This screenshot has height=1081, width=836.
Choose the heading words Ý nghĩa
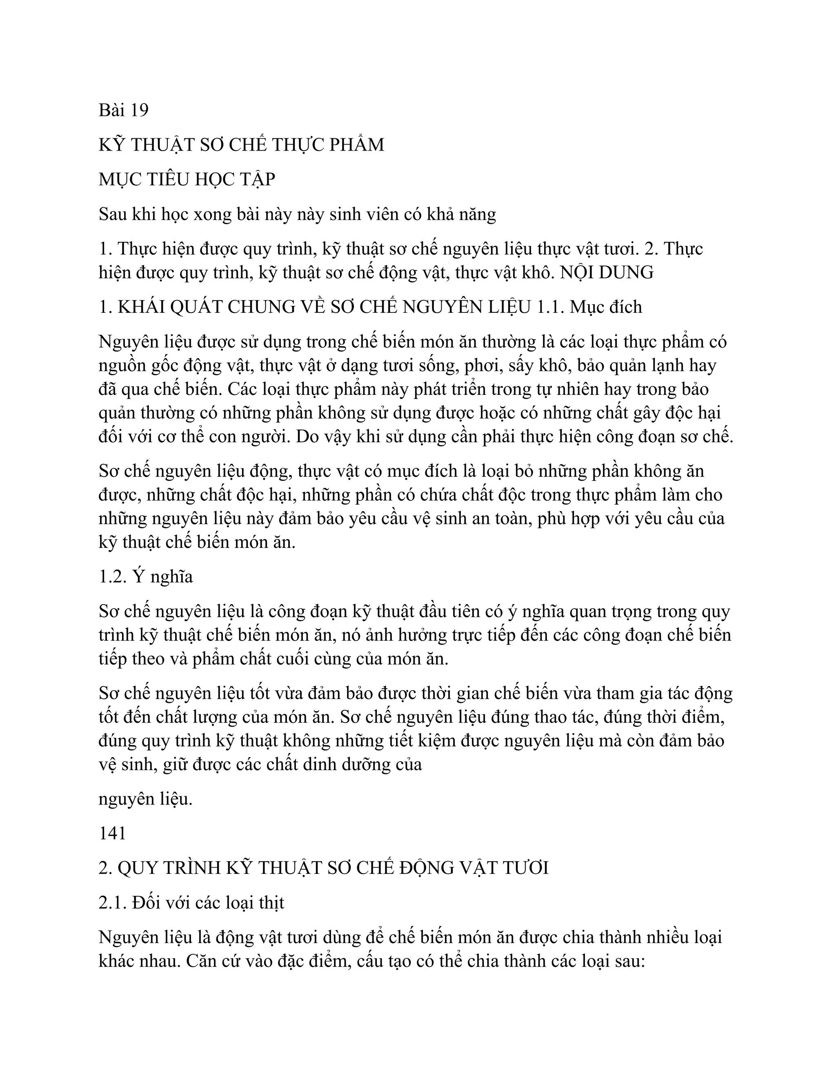click(162, 577)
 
